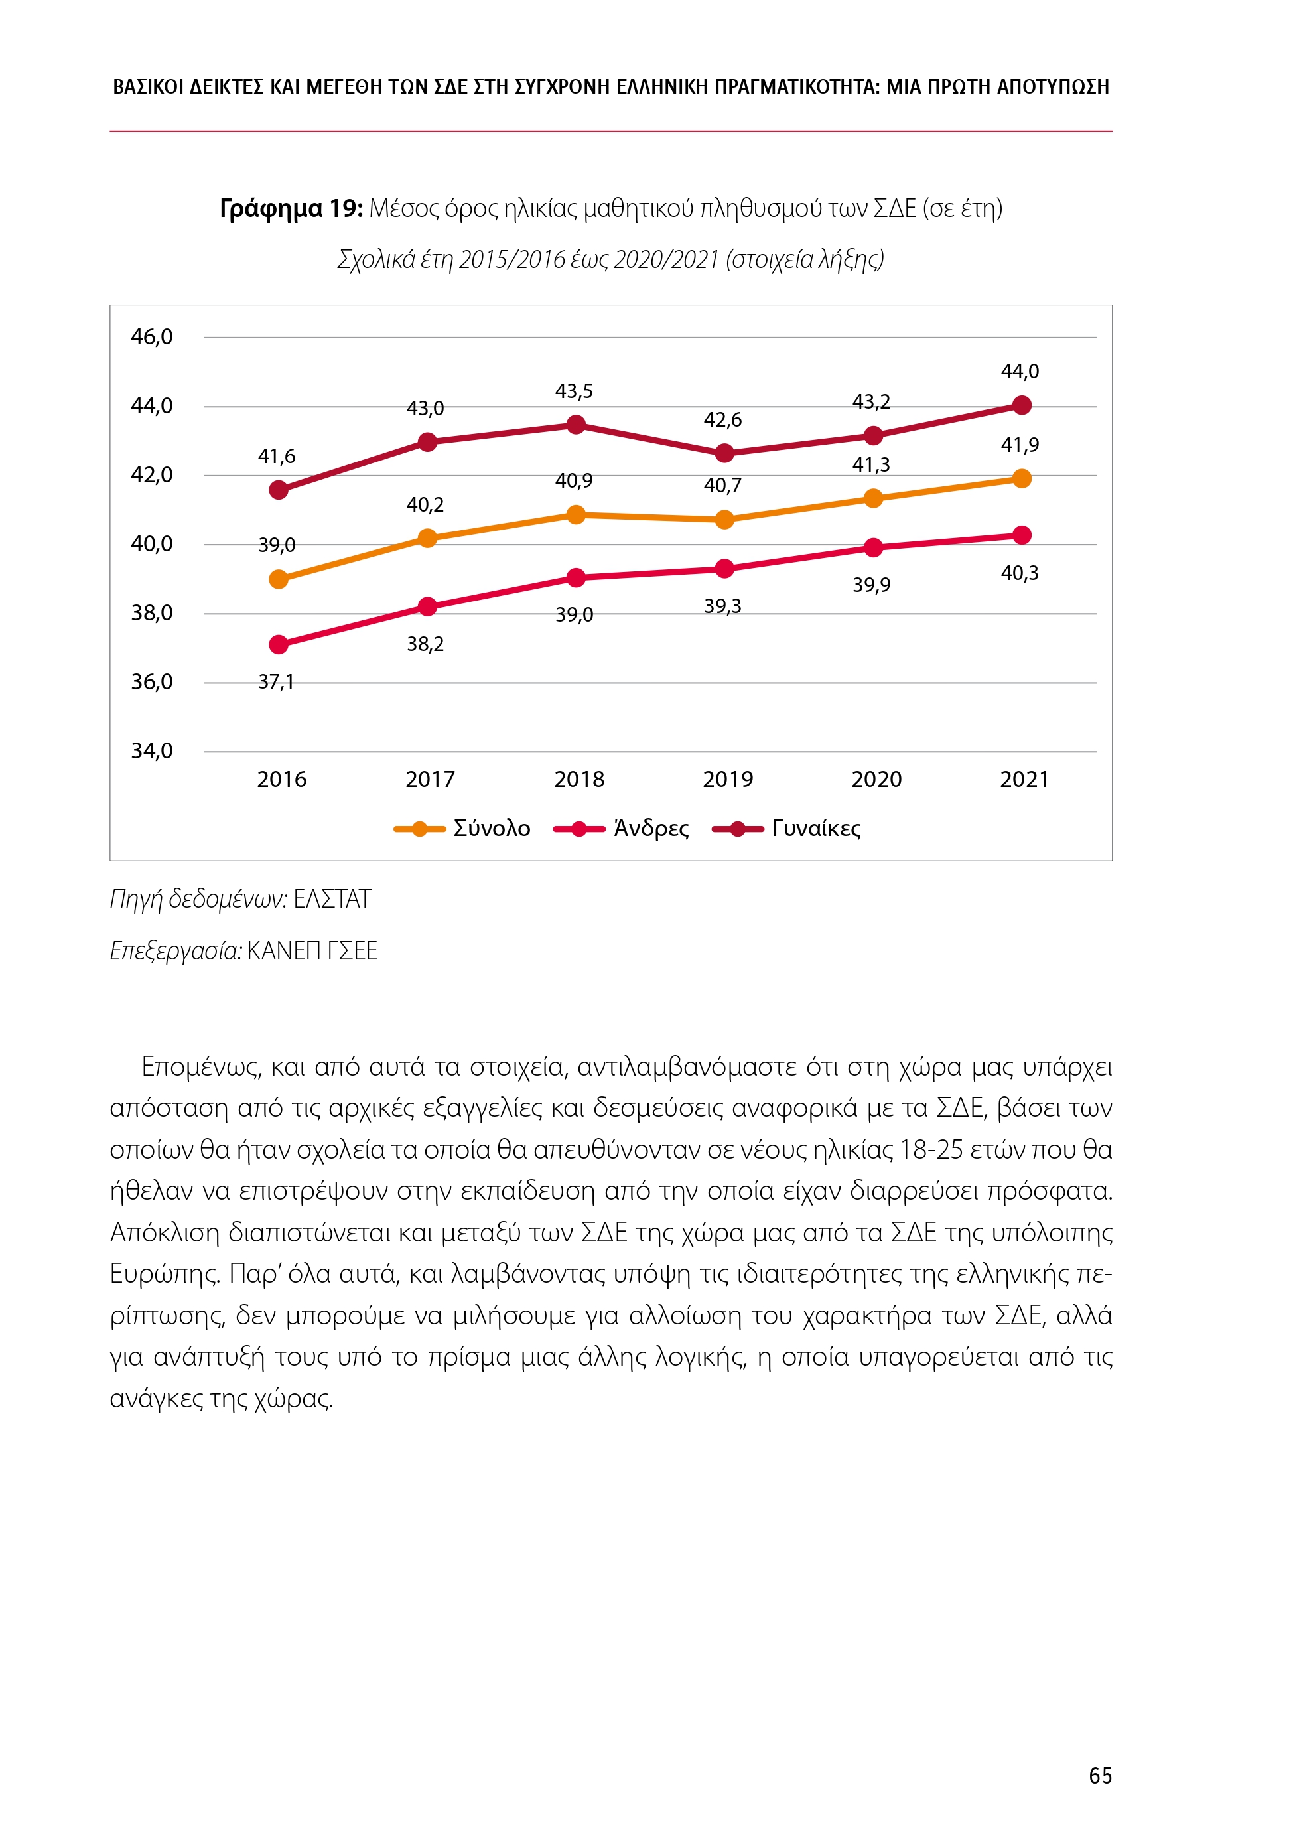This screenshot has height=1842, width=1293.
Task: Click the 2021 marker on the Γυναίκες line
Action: pyautogui.click(x=1021, y=405)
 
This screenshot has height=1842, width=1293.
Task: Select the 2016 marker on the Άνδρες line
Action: pyautogui.click(x=279, y=644)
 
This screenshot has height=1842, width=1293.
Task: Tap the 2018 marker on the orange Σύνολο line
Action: pyautogui.click(x=575, y=514)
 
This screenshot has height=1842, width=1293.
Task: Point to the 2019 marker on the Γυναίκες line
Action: pyautogui.click(x=724, y=453)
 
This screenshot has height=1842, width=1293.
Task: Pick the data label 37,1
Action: pyautogui.click(x=275, y=682)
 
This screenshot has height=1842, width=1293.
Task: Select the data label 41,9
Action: pyautogui.click(x=1019, y=445)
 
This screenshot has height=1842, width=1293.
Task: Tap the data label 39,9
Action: pyautogui.click(x=870, y=585)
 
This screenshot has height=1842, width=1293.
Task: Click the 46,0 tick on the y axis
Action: pyautogui.click(x=152, y=337)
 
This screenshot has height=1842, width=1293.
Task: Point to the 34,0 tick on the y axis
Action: pyautogui.click(x=152, y=751)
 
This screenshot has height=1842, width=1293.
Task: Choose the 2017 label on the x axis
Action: pyautogui.click(x=430, y=779)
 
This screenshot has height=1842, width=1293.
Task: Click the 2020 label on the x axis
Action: pyautogui.click(x=876, y=779)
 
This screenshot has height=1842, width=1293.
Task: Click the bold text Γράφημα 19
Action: pyautogui.click(x=291, y=208)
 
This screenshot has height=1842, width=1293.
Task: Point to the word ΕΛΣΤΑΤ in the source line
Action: pyautogui.click(x=332, y=899)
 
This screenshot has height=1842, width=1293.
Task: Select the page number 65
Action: pyautogui.click(x=1100, y=1776)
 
